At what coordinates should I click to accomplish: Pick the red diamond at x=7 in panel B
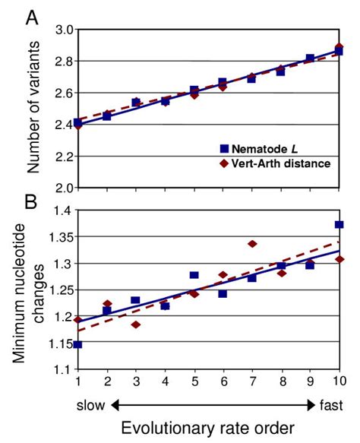tap(252, 244)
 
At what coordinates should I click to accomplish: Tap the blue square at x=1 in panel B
tap(77, 344)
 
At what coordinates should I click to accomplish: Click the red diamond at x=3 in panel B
tap(135, 324)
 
